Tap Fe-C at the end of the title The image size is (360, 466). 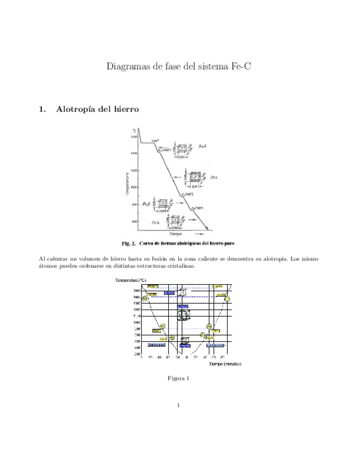(242, 68)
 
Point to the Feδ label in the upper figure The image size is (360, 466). (202, 147)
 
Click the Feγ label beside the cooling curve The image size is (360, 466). (215, 178)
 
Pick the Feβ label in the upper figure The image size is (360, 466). (146, 204)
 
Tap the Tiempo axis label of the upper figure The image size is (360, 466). (176, 234)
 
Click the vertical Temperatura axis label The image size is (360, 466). (127, 184)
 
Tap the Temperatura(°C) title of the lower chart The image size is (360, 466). (131, 281)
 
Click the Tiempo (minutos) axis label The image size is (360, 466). (225, 363)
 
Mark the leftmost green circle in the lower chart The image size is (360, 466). (145, 298)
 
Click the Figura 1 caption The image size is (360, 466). (180, 379)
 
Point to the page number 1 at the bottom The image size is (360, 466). (180, 406)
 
